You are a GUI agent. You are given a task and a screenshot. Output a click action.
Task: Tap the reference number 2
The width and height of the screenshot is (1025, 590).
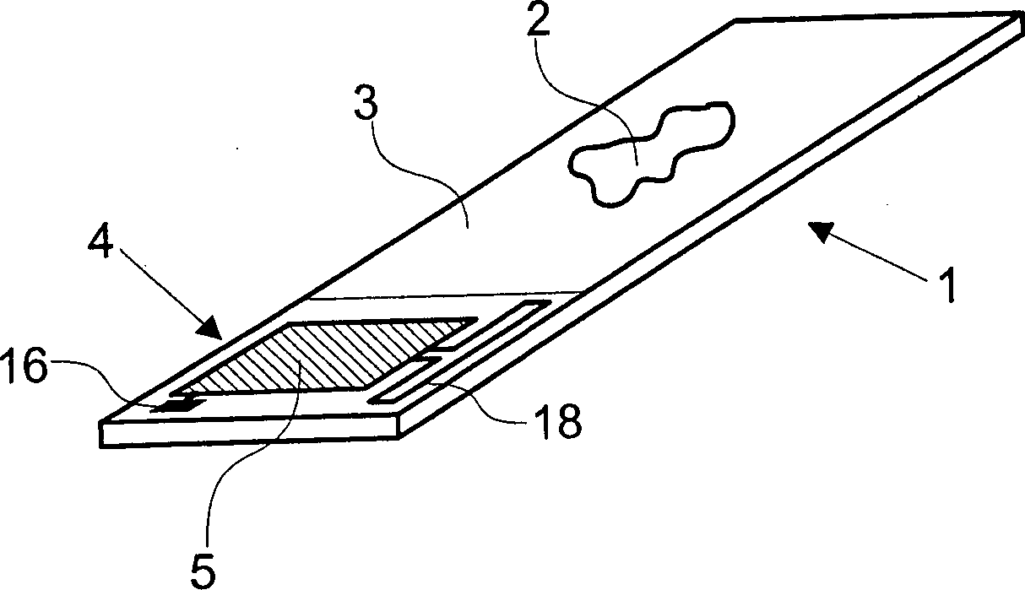(x=538, y=19)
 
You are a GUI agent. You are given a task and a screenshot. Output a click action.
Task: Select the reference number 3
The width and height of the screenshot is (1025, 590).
(x=366, y=103)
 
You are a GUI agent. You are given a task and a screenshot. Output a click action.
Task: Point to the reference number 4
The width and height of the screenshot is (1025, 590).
(x=101, y=239)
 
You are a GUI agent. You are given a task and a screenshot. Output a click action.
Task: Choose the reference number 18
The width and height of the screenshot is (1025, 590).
(x=555, y=421)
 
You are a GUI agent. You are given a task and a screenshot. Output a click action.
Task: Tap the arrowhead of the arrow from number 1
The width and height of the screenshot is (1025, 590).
(x=822, y=230)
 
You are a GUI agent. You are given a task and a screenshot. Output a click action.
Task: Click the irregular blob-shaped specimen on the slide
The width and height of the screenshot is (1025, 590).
(x=650, y=154)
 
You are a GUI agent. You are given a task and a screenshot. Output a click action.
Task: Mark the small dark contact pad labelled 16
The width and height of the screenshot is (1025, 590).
(x=177, y=405)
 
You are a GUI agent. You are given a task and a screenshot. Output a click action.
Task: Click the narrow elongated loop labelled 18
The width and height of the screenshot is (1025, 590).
(x=460, y=352)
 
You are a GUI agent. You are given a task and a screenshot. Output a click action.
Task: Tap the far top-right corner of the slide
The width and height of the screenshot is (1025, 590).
(x=1013, y=16)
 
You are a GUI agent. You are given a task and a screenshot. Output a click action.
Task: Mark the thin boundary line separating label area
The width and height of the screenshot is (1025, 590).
(x=444, y=295)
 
